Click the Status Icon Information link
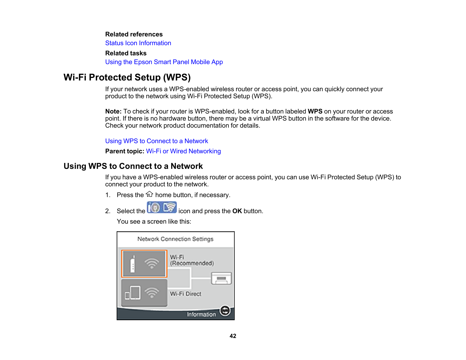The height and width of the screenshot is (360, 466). tap(138, 43)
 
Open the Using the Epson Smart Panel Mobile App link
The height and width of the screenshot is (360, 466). tap(164, 62)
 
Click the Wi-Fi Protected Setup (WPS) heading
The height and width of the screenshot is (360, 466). tap(127, 77)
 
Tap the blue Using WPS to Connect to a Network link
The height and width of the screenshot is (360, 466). tap(156, 141)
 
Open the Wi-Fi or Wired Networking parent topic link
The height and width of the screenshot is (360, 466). tap(183, 151)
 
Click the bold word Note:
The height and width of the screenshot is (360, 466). tap(113, 111)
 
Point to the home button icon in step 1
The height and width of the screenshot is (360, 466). tap(149, 194)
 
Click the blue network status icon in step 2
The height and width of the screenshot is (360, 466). tap(162, 207)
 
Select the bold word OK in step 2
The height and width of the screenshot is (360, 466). tap(237, 211)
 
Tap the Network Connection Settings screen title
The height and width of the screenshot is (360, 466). tap(175, 239)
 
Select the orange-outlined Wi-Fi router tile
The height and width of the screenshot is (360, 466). tap(144, 263)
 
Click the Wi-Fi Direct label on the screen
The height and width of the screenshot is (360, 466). tap(186, 294)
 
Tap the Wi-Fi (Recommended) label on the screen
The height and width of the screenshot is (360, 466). tap(192, 260)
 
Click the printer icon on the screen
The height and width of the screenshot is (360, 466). tap(221, 278)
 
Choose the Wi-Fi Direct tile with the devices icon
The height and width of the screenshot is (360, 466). tap(144, 293)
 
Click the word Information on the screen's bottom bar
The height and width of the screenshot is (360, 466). tap(201, 314)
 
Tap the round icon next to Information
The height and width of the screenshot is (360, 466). tap(225, 311)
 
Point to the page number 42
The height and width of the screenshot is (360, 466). tap(233, 336)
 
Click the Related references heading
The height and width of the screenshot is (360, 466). tap(134, 34)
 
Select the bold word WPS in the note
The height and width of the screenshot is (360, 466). tap(315, 111)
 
